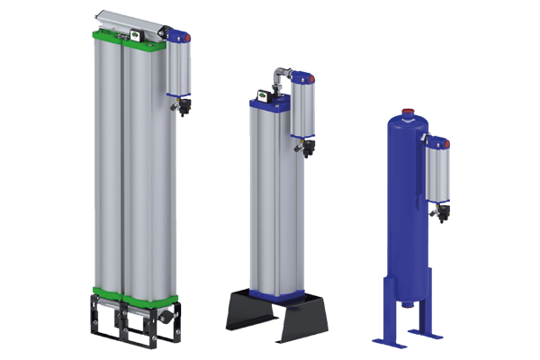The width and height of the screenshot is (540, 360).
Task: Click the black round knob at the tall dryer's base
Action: pos(169,319)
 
